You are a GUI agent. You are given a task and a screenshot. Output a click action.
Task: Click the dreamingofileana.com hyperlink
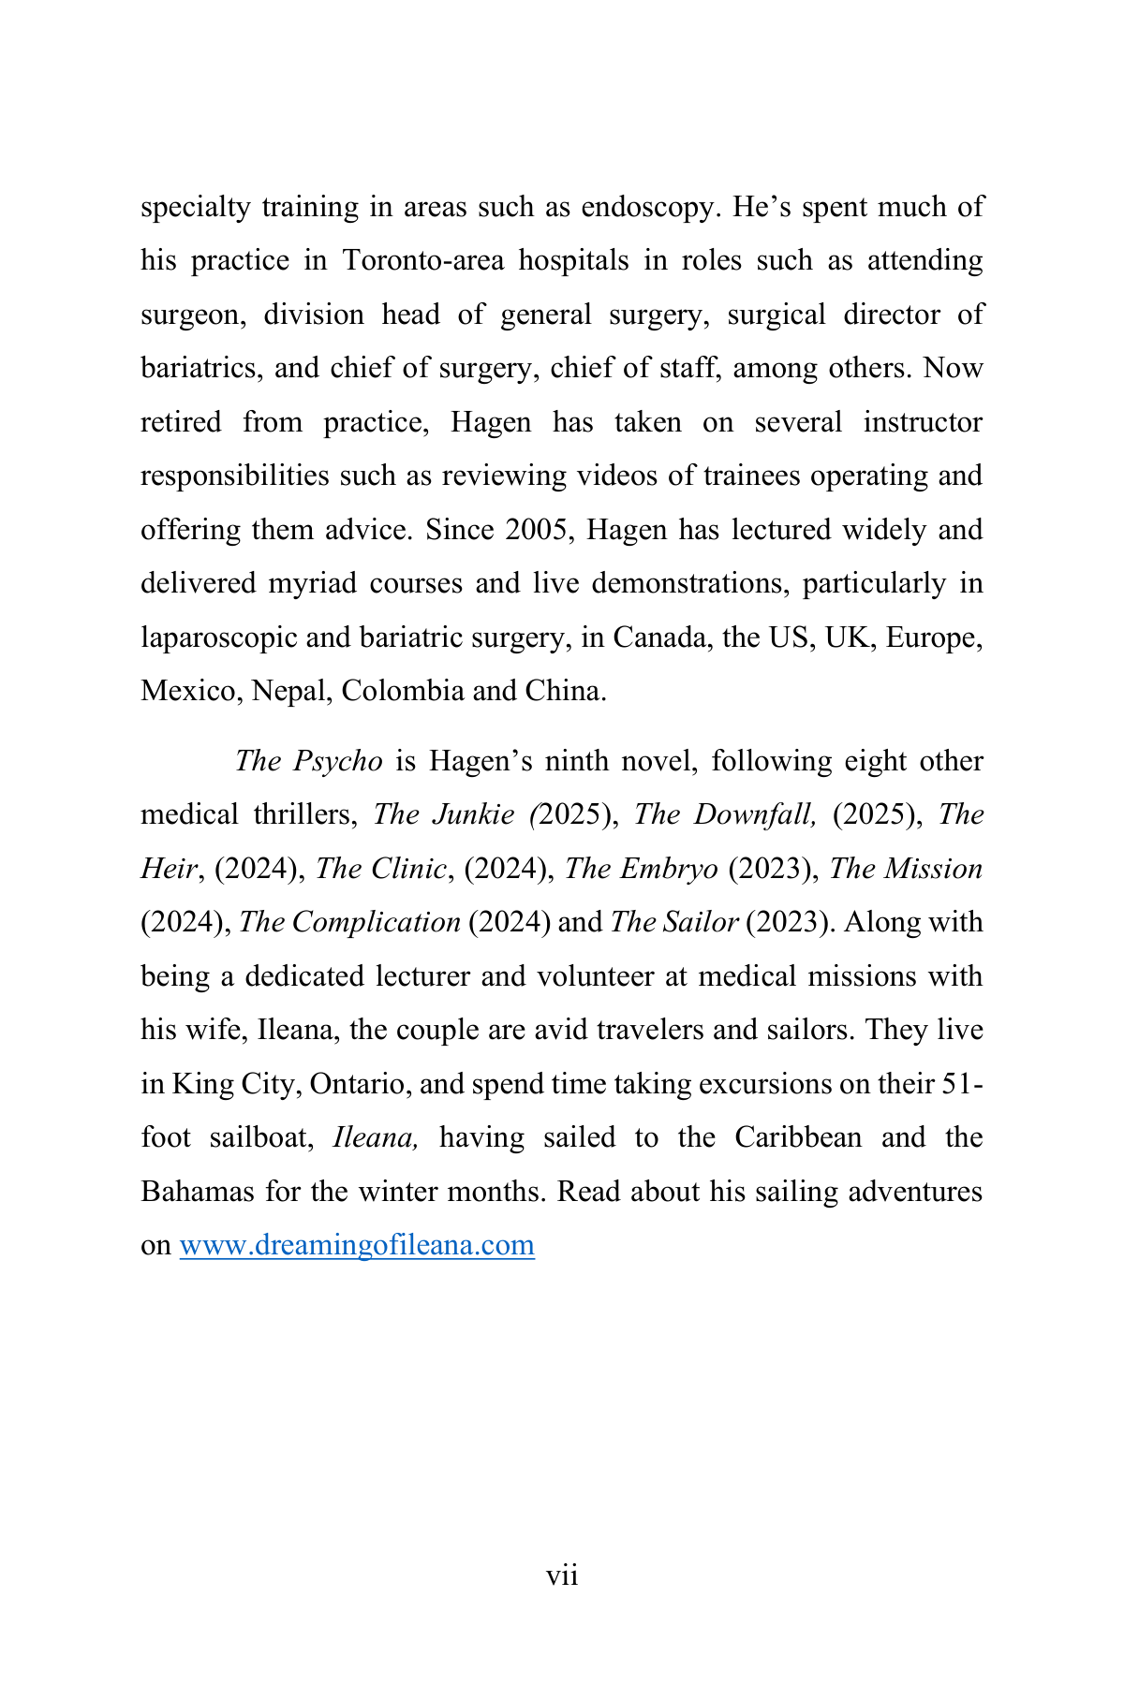357,1246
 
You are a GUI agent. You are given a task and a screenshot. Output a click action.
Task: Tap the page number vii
562,1576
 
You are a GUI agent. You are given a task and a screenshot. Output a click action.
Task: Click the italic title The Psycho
308,761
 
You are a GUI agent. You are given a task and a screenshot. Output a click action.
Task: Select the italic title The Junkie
445,815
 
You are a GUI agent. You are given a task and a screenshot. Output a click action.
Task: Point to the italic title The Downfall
724,815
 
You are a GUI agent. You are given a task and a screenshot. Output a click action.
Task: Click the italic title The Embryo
642,869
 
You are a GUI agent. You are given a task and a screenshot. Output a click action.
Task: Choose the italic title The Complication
350,923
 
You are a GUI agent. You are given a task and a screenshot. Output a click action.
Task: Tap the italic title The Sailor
674,923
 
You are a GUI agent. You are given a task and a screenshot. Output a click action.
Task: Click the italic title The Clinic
380,869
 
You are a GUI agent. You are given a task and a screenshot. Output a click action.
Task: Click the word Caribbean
797,1138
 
